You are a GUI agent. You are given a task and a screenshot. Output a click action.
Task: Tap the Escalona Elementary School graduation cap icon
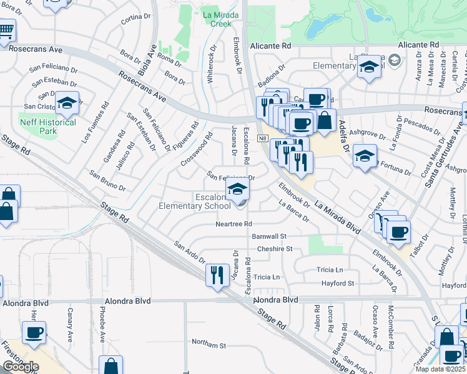(x=237, y=190)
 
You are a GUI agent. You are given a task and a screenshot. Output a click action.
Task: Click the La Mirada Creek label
(x=217, y=18)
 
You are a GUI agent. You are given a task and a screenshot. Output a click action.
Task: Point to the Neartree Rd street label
(x=234, y=224)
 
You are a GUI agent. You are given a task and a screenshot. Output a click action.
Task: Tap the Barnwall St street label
(x=268, y=237)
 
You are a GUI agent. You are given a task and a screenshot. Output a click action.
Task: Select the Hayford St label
(x=338, y=283)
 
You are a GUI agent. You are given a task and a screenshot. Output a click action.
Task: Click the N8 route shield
(x=264, y=138)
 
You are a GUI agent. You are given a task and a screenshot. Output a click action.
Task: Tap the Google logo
(x=21, y=367)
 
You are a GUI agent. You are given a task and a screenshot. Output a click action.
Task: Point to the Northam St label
(x=209, y=344)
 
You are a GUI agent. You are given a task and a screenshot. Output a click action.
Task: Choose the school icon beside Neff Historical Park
(x=66, y=104)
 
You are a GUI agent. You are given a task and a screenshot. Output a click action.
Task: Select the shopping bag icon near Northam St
(x=111, y=365)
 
